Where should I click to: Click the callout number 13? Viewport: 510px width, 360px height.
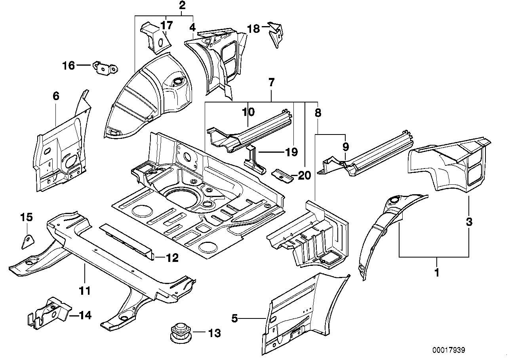coord(214,333)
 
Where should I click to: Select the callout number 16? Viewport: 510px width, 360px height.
coord(69,65)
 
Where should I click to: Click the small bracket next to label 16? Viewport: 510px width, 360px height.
coord(105,68)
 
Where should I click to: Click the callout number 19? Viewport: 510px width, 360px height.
coord(291,152)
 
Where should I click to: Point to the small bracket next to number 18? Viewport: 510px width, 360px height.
coord(276,35)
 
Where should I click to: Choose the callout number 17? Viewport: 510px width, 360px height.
coord(167,26)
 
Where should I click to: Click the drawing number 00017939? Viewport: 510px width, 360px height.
coord(448,350)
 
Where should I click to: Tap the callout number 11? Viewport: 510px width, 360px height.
coord(85,291)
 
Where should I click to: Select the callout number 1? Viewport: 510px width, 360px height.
coord(437,273)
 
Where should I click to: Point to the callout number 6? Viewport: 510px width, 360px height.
coord(56,96)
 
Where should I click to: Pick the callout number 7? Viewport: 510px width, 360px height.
coord(271,83)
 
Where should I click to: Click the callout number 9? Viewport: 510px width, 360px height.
coord(345,147)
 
